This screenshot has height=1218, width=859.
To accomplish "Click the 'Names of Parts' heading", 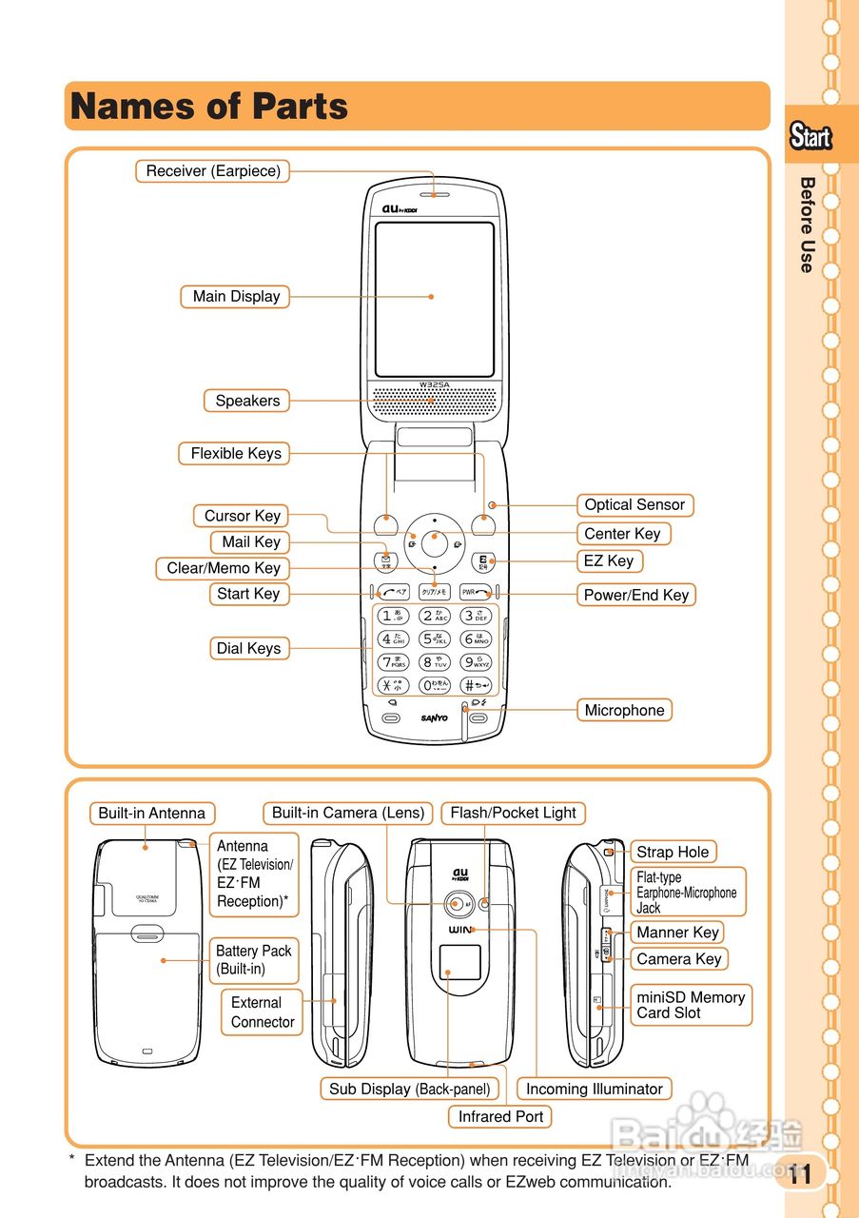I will [x=209, y=106].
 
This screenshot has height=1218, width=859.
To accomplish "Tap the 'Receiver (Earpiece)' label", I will [x=213, y=171].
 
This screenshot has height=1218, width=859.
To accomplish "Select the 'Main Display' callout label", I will [x=236, y=297].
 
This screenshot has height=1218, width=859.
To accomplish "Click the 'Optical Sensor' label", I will [x=634, y=505].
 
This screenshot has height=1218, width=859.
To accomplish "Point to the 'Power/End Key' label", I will [x=635, y=596].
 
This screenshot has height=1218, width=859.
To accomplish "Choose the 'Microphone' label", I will [x=624, y=711].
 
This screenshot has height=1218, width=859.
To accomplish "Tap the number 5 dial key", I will [x=435, y=639].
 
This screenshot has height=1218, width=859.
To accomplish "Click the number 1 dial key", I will [x=394, y=616].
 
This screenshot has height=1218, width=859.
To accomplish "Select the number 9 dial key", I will [x=475, y=662].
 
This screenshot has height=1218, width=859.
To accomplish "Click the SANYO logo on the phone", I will [x=435, y=717].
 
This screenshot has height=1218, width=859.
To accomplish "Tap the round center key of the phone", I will [x=435, y=540].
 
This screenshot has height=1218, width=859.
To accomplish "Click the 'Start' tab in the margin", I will [x=810, y=137].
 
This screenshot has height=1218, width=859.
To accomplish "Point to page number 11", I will [x=800, y=1174].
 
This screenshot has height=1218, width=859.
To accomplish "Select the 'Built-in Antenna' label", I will [x=152, y=814].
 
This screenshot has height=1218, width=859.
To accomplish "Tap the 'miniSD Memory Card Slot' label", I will [x=691, y=1005].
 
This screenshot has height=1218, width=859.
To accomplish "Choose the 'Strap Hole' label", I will [x=673, y=853].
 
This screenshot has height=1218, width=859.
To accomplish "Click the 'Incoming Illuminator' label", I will [x=594, y=1090].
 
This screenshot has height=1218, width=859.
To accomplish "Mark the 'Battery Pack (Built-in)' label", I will [x=253, y=960].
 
